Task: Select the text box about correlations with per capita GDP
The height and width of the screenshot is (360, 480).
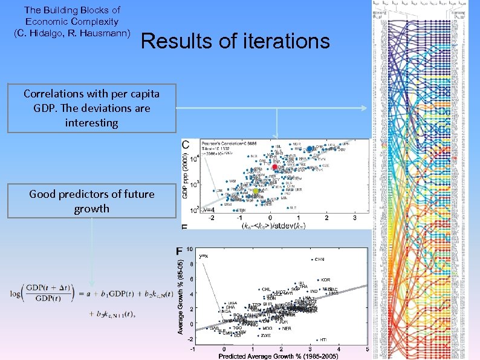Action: click(92, 108)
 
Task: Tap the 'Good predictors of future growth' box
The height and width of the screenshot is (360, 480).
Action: click(92, 201)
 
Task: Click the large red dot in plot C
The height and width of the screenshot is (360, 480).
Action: click(275, 167)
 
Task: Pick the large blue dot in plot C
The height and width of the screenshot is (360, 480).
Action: click(310, 149)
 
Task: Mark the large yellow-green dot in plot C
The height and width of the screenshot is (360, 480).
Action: click(255, 191)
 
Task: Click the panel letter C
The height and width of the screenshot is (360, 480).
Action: click(186, 145)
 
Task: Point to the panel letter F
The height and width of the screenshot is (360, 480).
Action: click(179, 250)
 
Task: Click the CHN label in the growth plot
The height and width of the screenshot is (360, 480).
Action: click(319, 259)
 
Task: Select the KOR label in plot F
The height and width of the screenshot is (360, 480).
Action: click(325, 280)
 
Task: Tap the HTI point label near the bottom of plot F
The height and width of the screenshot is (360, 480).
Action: click(323, 339)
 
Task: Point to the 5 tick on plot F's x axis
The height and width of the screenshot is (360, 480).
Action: click(367, 349)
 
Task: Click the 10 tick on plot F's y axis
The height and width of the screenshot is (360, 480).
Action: click(189, 249)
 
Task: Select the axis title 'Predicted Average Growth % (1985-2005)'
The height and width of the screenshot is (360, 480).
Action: click(278, 356)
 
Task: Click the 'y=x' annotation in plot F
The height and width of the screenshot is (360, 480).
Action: click(204, 256)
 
